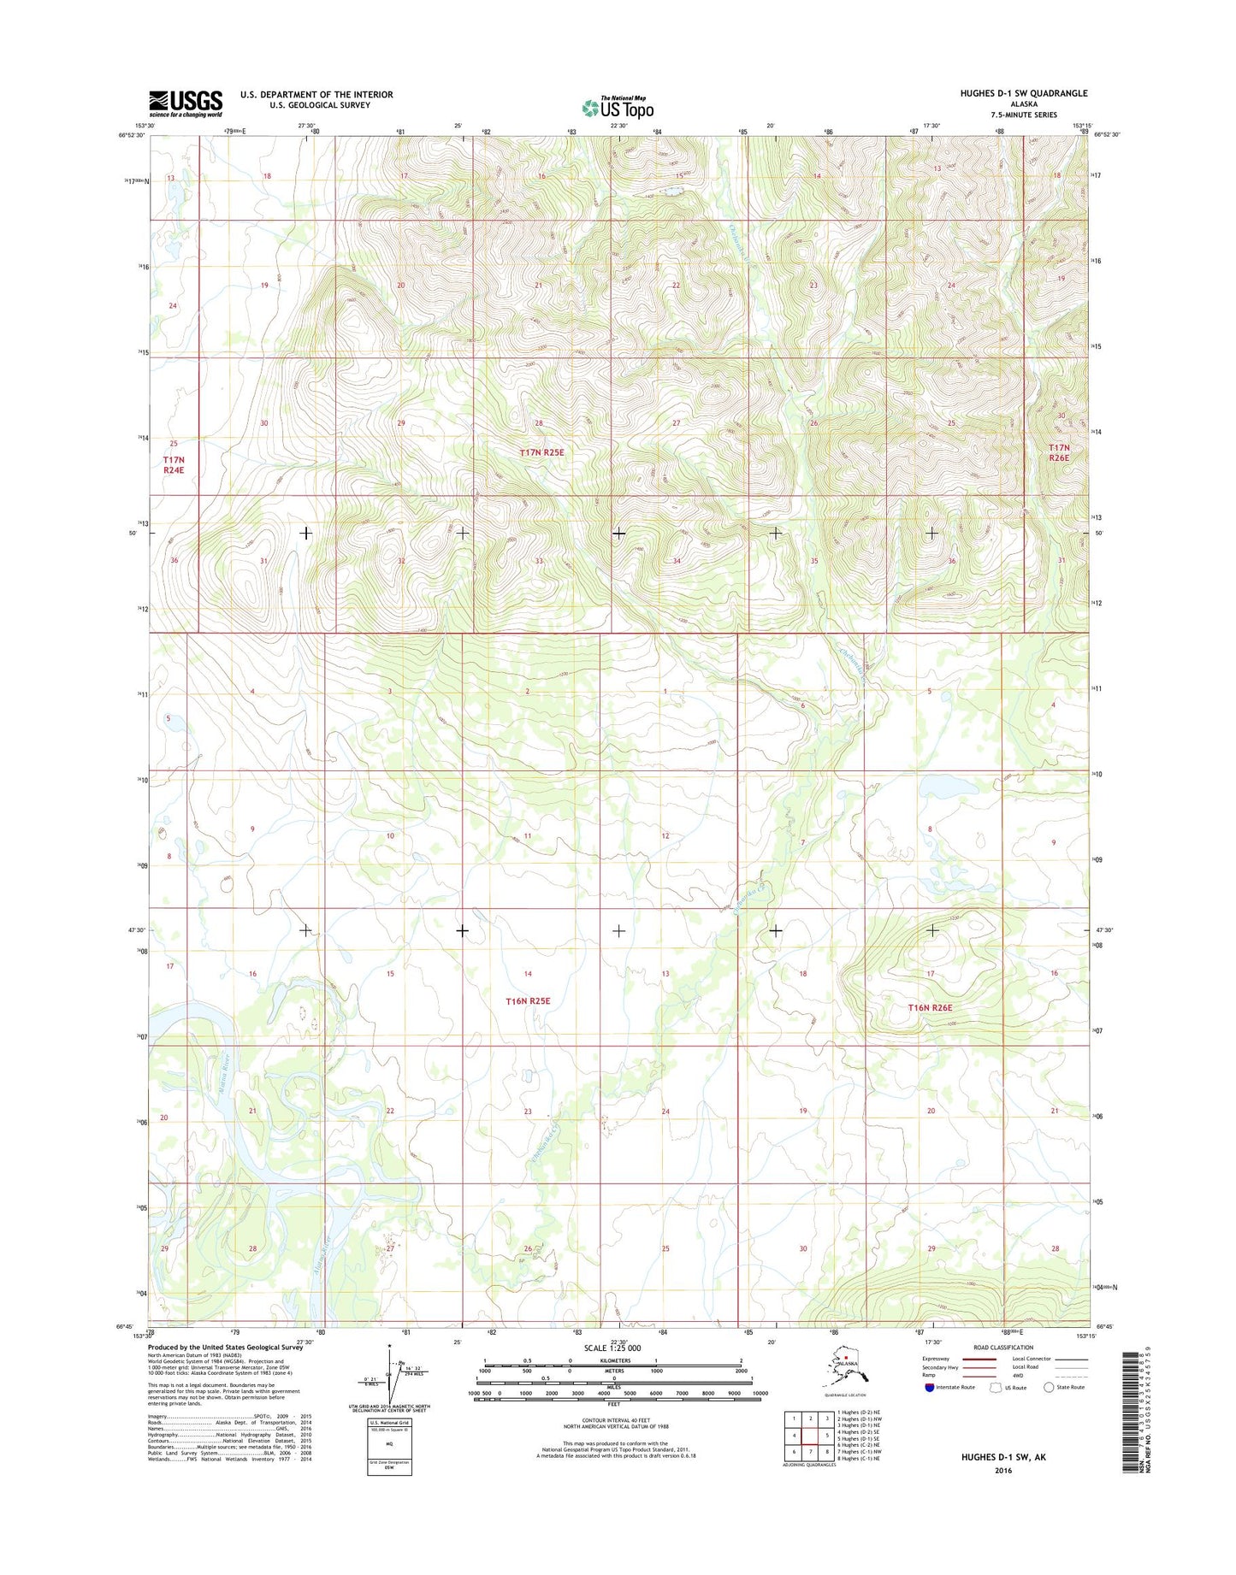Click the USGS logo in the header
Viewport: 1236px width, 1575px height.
tap(186, 103)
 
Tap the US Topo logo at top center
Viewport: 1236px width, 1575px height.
tap(618, 107)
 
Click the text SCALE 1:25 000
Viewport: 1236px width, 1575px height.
tap(612, 1348)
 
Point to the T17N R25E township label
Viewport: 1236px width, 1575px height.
tap(542, 451)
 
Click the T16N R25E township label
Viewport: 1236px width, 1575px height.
tap(528, 1000)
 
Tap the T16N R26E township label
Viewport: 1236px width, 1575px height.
tap(930, 1007)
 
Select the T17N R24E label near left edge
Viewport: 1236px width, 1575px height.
tap(174, 464)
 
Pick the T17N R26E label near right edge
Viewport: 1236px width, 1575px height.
tap(1059, 452)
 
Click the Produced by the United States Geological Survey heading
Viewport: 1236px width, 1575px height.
tap(225, 1348)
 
